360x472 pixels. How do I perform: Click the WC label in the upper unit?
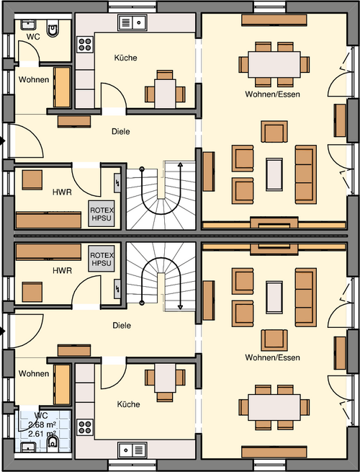[x=32, y=35]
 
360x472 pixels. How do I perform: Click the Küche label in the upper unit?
[x=125, y=58]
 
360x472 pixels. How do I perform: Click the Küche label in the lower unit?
[x=129, y=404]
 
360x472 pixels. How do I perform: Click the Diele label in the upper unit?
[x=121, y=132]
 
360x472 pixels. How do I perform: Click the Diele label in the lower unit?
[x=121, y=325]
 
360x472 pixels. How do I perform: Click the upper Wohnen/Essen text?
[x=272, y=94]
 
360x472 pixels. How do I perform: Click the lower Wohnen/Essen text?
[x=272, y=357]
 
